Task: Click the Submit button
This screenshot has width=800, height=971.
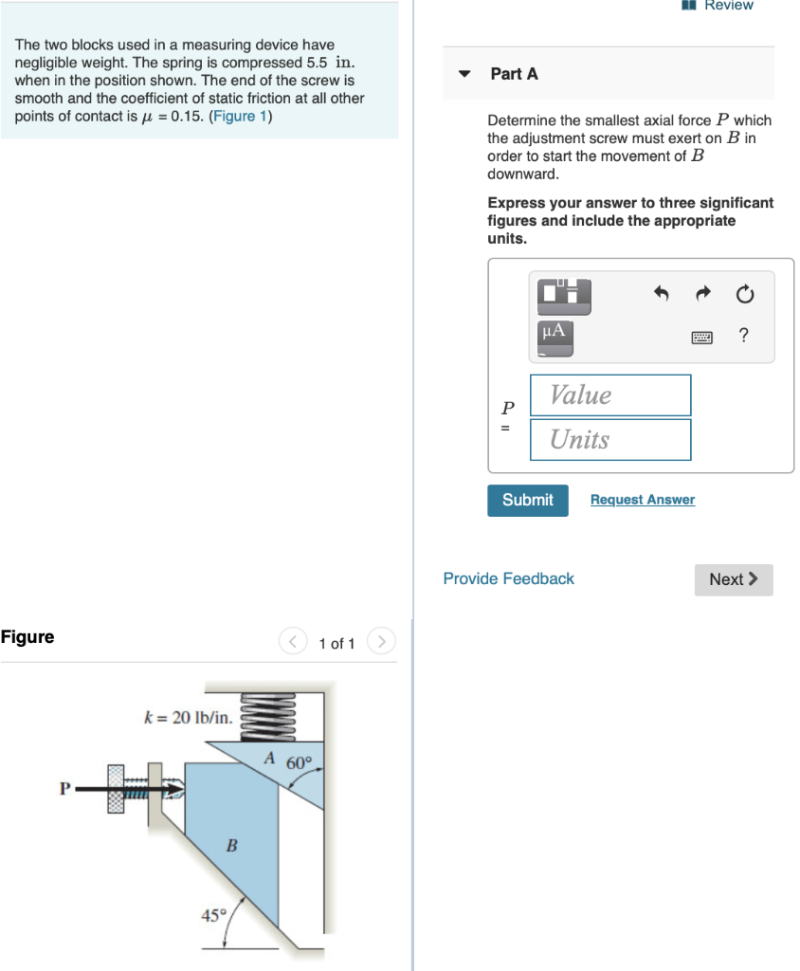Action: point(527,500)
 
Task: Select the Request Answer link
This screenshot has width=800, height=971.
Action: point(642,500)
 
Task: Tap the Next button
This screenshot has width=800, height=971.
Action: point(734,579)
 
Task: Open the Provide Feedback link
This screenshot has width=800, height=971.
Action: point(508,578)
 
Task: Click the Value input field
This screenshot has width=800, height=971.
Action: point(609,394)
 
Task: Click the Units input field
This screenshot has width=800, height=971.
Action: point(609,439)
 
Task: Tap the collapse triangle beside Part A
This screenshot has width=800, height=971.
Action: point(464,74)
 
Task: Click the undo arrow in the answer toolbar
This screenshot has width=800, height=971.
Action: point(662,295)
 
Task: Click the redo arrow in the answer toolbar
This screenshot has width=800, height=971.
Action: point(702,295)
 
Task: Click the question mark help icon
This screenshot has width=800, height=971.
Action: point(743,335)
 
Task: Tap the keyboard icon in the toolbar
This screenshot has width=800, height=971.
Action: point(701,336)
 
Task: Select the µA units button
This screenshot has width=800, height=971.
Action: point(555,333)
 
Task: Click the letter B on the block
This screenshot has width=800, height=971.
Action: point(230,845)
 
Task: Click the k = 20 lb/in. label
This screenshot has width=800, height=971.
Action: point(188,716)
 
